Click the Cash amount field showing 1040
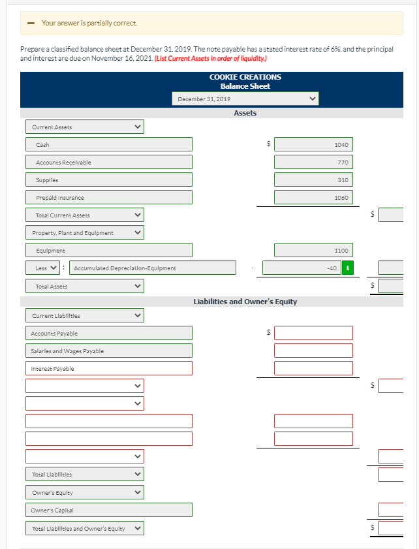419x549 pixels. (x=313, y=144)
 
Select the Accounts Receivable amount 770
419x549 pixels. (x=313, y=162)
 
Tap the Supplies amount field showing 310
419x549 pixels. (x=313, y=180)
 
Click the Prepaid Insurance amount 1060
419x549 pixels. (x=313, y=197)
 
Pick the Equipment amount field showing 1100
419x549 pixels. (x=313, y=250)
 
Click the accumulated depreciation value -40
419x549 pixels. (x=302, y=268)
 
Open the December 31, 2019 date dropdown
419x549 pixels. (x=245, y=99)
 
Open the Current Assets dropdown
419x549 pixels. (x=85, y=127)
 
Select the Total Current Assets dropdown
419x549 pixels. (x=85, y=215)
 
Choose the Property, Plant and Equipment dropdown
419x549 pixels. (x=85, y=232)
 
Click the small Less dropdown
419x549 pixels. (x=44, y=268)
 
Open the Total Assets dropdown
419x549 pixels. (x=85, y=286)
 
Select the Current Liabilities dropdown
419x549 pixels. (x=85, y=315)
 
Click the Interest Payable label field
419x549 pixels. (x=109, y=369)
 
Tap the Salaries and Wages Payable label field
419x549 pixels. (x=109, y=351)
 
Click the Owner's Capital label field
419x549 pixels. (x=109, y=510)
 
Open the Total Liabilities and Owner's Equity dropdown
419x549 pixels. (x=85, y=528)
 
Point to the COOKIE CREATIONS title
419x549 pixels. (x=245, y=77)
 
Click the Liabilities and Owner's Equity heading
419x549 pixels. (x=245, y=302)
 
